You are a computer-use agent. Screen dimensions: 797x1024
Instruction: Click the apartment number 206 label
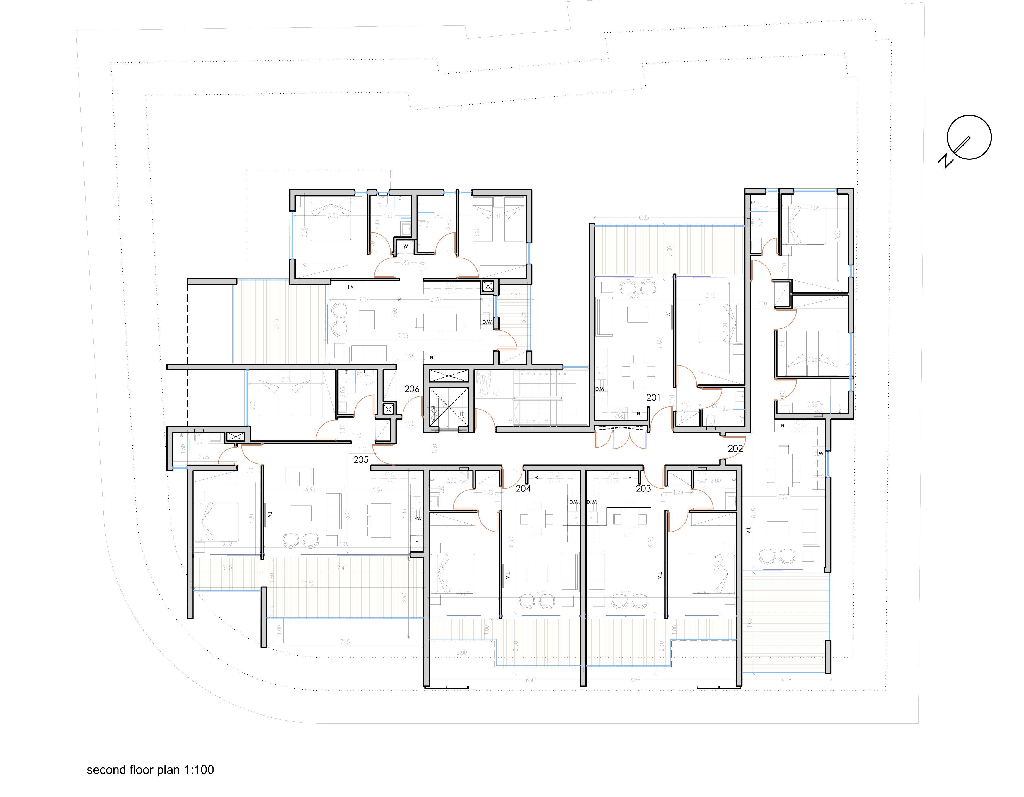point(412,389)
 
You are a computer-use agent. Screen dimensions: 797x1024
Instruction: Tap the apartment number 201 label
point(653,398)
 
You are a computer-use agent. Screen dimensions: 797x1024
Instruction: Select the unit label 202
point(735,449)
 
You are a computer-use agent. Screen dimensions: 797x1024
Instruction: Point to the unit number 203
point(643,488)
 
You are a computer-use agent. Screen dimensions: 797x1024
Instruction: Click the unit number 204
point(523,488)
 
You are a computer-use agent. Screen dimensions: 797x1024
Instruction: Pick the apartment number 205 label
point(360,460)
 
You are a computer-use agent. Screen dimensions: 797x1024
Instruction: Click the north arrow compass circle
point(969,137)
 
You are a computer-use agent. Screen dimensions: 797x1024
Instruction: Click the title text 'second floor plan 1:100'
point(150,770)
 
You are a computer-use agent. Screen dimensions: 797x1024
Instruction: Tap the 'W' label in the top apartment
point(406,246)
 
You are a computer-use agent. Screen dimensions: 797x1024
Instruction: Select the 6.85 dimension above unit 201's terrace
point(644,217)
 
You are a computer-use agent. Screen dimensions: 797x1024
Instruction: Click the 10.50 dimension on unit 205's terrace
point(308,583)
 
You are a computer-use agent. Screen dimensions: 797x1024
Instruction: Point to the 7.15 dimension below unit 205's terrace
point(345,642)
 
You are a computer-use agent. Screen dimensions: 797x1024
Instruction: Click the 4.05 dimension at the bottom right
point(786,680)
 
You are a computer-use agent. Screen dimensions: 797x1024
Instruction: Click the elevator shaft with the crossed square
point(448,407)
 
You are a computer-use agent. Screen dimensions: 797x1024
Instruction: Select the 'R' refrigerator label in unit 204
point(536,477)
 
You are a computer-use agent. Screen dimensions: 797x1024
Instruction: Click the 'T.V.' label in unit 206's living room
point(351,287)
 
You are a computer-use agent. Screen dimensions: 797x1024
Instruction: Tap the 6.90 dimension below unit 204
point(531,680)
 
